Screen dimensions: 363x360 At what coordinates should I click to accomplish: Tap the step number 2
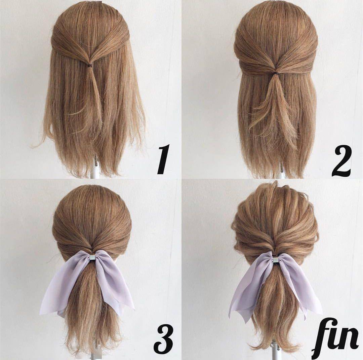[x=341, y=161]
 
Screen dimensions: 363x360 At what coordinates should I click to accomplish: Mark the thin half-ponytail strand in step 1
[x=95, y=93]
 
